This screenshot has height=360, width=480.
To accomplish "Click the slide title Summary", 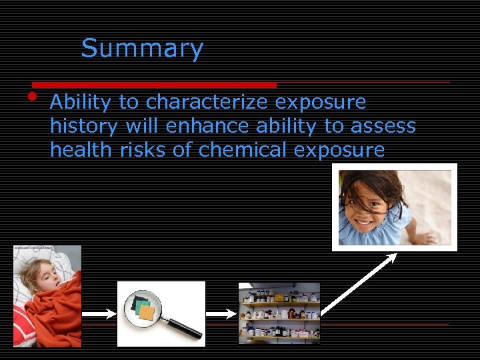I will [x=142, y=49].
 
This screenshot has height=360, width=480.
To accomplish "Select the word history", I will [x=84, y=126].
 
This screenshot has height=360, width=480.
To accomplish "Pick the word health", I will [x=81, y=150].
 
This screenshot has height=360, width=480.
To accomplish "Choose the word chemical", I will [x=234, y=150].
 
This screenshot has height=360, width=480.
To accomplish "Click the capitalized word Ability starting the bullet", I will [x=81, y=102].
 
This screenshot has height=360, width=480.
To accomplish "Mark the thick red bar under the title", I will [x=154, y=85].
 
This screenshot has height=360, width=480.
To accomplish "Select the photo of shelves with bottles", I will [x=279, y=313].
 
